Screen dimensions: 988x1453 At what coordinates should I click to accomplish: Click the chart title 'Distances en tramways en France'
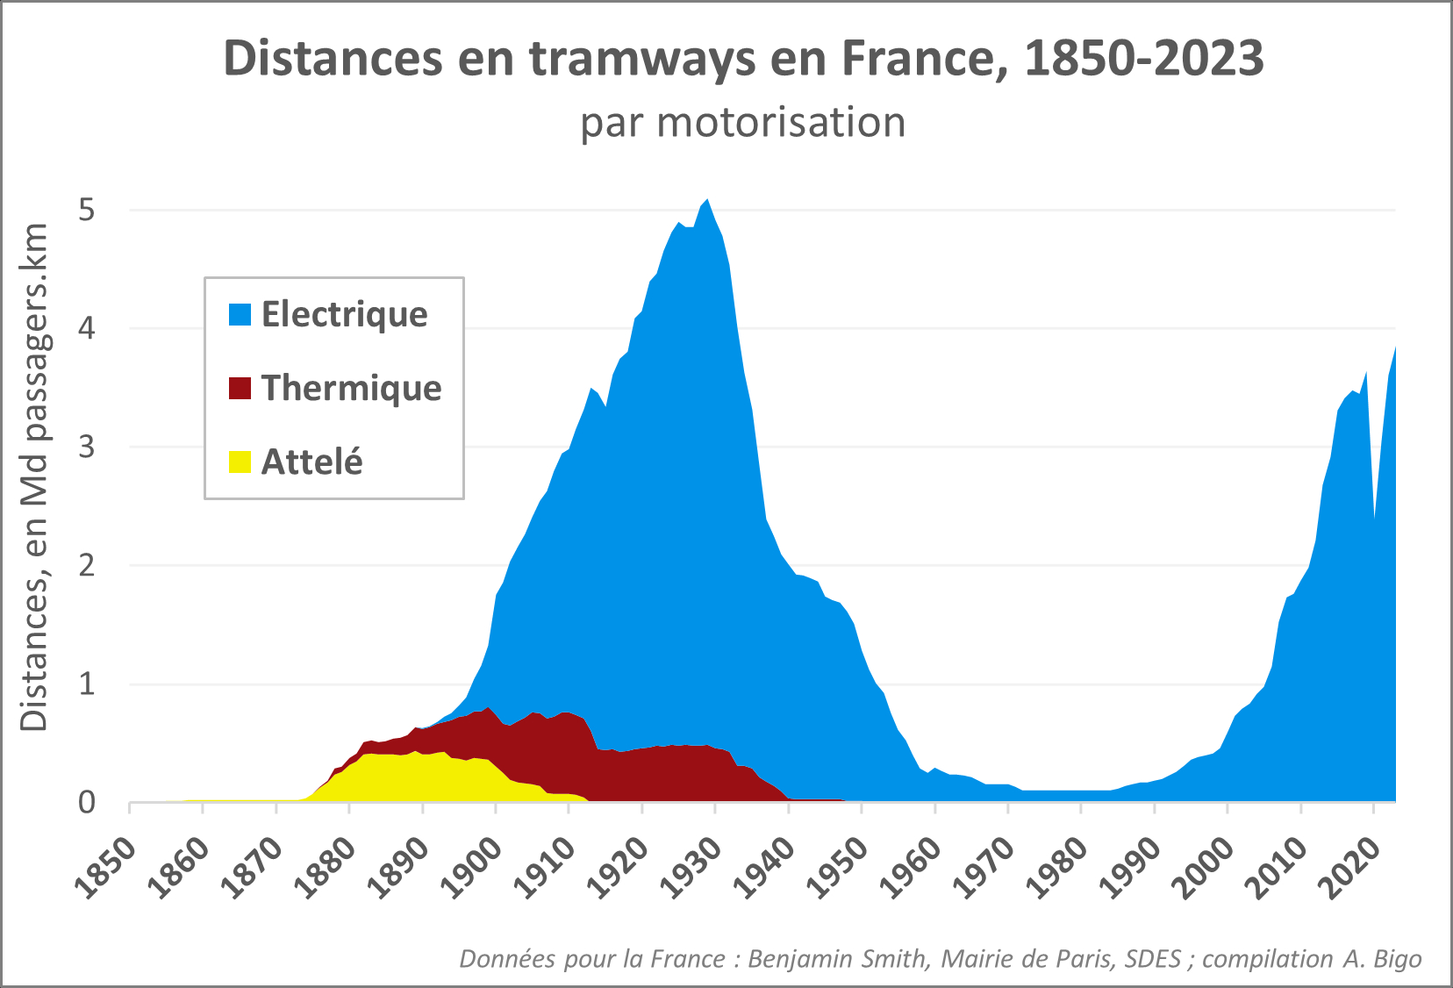click(x=743, y=59)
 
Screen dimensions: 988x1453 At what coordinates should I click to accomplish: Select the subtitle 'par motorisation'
click(x=742, y=123)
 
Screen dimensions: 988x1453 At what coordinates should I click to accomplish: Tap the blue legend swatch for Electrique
click(x=240, y=314)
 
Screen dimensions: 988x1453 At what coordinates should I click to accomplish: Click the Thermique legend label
click(x=351, y=388)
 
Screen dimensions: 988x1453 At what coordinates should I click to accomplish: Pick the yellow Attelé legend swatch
click(x=240, y=462)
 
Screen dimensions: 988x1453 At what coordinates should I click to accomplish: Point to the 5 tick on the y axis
click(x=86, y=211)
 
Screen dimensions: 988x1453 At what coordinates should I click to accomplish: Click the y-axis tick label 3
click(x=86, y=447)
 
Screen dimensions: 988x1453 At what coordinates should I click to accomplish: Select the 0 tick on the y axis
click(x=86, y=802)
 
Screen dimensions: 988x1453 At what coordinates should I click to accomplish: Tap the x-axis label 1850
click(x=106, y=868)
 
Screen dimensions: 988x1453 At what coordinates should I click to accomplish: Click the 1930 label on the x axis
click(x=691, y=868)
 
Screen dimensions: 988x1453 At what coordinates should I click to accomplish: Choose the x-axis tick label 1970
click(x=984, y=868)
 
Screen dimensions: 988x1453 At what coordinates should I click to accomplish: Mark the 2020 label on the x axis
click(x=1351, y=868)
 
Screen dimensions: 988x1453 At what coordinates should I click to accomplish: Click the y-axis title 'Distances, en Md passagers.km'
click(x=35, y=478)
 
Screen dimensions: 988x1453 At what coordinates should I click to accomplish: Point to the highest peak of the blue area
click(x=708, y=202)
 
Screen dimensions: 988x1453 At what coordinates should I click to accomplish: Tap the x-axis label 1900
click(x=472, y=868)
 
